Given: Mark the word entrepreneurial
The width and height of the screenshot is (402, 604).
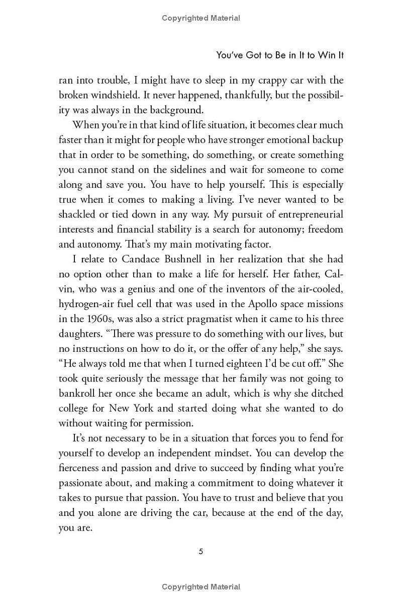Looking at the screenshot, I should (x=308, y=214).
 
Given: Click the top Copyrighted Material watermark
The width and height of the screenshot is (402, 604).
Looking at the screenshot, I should (x=201, y=18).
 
